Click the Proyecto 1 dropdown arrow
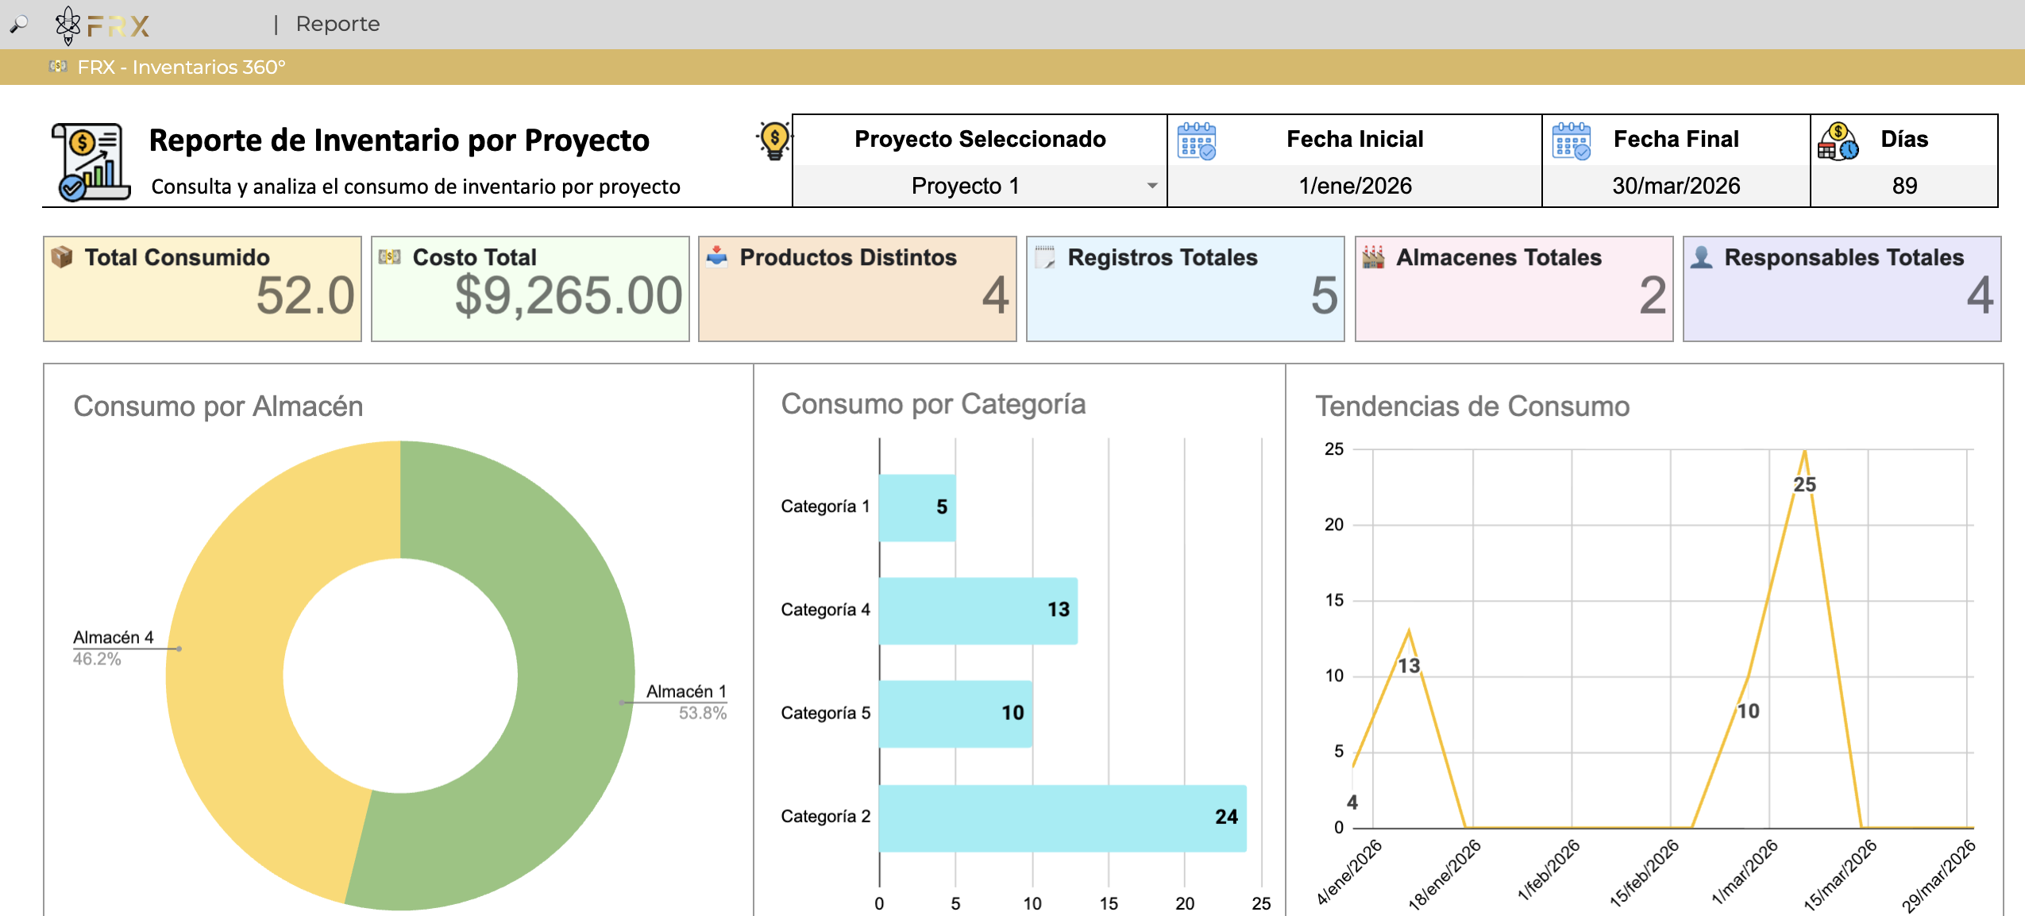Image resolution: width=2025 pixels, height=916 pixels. tap(1151, 186)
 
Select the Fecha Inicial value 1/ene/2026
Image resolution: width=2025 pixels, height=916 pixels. tap(1355, 186)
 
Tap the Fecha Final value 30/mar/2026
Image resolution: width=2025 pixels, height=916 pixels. tap(1676, 186)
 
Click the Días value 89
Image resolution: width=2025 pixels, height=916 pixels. tap(1904, 186)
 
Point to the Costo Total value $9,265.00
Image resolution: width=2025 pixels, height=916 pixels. tap(569, 295)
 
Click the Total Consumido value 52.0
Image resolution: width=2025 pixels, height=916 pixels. tap(305, 295)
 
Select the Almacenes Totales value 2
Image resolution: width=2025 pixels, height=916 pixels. tap(1653, 295)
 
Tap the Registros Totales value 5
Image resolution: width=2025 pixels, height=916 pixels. tap(1324, 295)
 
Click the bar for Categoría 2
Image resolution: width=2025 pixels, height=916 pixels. tap(1063, 818)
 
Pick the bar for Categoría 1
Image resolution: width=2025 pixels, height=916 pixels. tap(917, 507)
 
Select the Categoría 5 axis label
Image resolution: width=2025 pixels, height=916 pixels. tap(826, 713)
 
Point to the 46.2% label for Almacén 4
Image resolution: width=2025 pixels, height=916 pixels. tap(97, 659)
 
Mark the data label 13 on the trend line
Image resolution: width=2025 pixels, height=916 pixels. tap(1409, 665)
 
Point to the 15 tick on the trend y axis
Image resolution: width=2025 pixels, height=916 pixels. tap(1334, 600)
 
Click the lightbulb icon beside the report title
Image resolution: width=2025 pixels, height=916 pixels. tap(774, 140)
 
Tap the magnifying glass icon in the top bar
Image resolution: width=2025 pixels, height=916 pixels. tap(19, 25)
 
